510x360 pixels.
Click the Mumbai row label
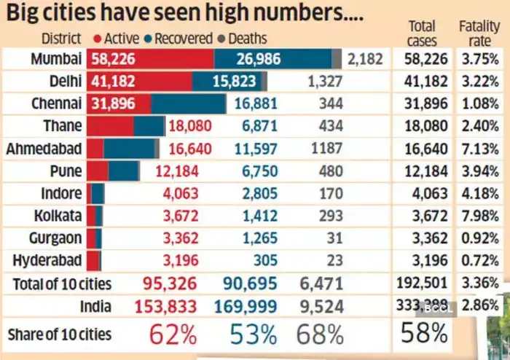[x=56, y=59]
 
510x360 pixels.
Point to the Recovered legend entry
[x=178, y=38]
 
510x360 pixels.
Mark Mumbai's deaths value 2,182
[x=365, y=59]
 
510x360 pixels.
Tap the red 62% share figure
[x=173, y=334]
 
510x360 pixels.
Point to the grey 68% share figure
[x=320, y=334]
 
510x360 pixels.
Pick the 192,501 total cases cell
[x=423, y=283]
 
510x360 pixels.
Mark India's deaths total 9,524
[x=321, y=305]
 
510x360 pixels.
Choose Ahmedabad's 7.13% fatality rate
[x=479, y=149]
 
